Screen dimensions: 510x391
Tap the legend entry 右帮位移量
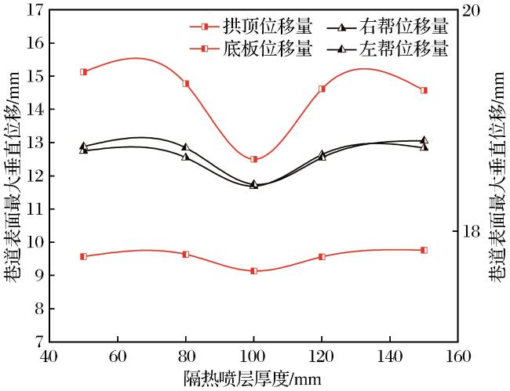[x=388, y=27]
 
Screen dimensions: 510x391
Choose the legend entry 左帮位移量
[x=388, y=49]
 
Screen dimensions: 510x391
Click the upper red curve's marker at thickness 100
[x=254, y=159]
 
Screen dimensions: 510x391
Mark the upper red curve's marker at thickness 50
[x=84, y=72]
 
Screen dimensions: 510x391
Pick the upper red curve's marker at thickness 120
[x=322, y=89]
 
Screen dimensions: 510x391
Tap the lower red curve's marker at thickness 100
[x=254, y=271]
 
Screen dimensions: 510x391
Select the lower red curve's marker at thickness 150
[x=424, y=250]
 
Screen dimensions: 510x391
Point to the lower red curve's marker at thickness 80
[x=186, y=255]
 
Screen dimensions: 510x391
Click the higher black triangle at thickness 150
[x=424, y=140]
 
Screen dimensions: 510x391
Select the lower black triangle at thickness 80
[x=185, y=157]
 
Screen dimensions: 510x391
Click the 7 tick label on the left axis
[x=39, y=342]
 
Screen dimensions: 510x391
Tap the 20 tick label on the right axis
[x=470, y=10]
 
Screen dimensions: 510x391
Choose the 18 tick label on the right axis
[x=470, y=231]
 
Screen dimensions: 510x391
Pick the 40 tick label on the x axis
[x=49, y=357]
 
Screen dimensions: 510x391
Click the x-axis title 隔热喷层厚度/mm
[x=253, y=378]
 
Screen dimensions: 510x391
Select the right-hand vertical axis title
[x=498, y=176]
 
